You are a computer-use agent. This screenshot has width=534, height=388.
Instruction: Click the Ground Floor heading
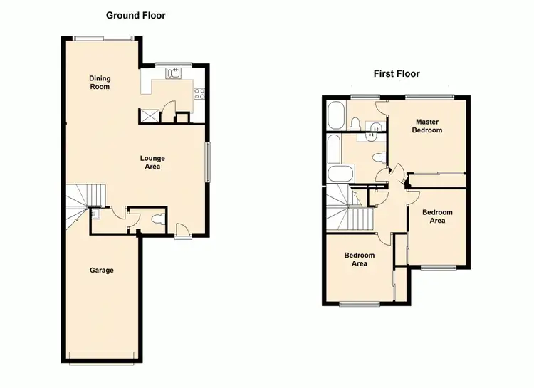136,15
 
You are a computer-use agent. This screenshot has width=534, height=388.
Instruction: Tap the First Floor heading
397,73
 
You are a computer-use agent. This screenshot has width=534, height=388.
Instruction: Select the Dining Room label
100,82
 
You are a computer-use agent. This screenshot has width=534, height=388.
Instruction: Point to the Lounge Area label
152,162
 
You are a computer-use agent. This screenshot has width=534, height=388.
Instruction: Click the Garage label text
102,270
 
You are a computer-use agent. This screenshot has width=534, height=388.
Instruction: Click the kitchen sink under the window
174,73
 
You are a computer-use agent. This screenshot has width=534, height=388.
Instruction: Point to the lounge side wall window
208,162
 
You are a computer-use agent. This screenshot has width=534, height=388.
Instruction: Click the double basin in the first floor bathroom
374,127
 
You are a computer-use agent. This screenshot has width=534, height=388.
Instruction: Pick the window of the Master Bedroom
429,96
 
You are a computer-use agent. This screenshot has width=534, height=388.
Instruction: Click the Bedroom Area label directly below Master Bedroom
436,216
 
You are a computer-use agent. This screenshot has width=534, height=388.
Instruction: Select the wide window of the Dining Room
104,38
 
